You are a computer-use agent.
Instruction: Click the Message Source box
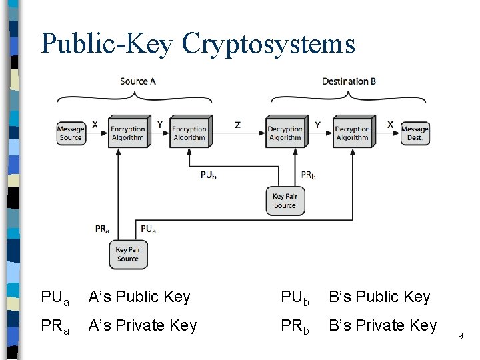pos(71,133)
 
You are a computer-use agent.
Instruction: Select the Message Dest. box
pos(415,133)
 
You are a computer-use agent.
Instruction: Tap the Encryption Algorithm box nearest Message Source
pos(127,133)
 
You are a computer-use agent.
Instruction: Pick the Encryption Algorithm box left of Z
pos(189,133)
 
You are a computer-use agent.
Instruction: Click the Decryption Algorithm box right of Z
pos(285,133)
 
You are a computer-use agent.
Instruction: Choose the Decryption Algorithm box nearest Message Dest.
pos(352,133)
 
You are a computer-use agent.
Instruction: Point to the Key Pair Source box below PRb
pos(285,200)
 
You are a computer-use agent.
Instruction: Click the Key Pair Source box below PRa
pos(127,254)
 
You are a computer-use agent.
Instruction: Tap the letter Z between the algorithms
pos(238,125)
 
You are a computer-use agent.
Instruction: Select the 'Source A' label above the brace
pos(138,81)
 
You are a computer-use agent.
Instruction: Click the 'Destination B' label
pos(349,81)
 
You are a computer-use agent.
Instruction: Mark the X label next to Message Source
pos(95,124)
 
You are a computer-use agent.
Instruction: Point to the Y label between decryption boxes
pos(317,124)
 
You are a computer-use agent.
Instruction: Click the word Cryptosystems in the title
pos(269,43)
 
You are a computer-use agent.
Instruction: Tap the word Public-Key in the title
pos(107,43)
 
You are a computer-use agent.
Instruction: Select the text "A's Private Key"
pos(143,325)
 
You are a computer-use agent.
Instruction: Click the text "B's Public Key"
pos(379,297)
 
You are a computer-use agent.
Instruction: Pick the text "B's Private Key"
pos(383,325)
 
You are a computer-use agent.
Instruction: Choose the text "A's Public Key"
pos(139,297)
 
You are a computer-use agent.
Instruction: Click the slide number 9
pos(460,337)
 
